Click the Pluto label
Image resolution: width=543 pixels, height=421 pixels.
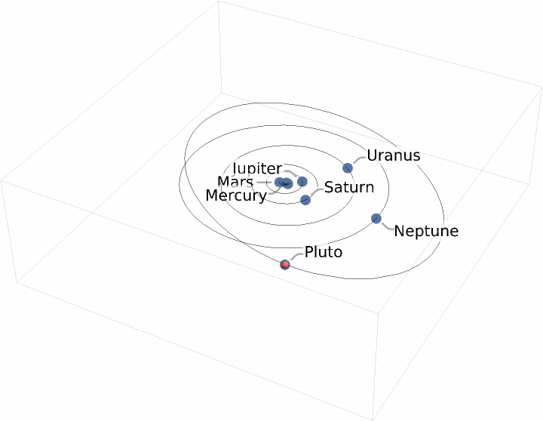323,252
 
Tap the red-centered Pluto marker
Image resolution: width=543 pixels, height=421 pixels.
285,264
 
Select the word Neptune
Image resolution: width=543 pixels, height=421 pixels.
426,231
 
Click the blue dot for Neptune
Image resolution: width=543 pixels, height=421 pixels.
376,219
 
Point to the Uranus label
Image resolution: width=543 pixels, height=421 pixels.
393,156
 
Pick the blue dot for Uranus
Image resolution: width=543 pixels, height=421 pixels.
348,167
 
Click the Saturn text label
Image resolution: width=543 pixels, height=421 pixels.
349,187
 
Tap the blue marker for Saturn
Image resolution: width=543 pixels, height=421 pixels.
305,199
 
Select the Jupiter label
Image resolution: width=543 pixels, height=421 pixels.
257,169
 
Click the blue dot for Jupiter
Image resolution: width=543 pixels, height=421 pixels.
302,181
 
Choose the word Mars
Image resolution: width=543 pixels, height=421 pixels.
235,182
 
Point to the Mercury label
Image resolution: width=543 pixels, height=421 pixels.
236,196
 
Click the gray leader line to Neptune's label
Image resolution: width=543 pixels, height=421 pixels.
386,225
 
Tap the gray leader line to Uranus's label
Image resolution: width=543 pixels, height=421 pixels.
357,160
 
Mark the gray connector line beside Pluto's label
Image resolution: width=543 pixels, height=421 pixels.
296,256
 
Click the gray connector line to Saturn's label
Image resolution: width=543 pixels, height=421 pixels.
315,192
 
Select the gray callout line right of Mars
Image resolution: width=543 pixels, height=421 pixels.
264,182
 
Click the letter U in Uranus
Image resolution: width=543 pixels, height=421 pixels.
372,156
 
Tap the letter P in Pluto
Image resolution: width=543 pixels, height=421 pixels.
309,252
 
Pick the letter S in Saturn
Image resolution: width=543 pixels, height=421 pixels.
329,187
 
